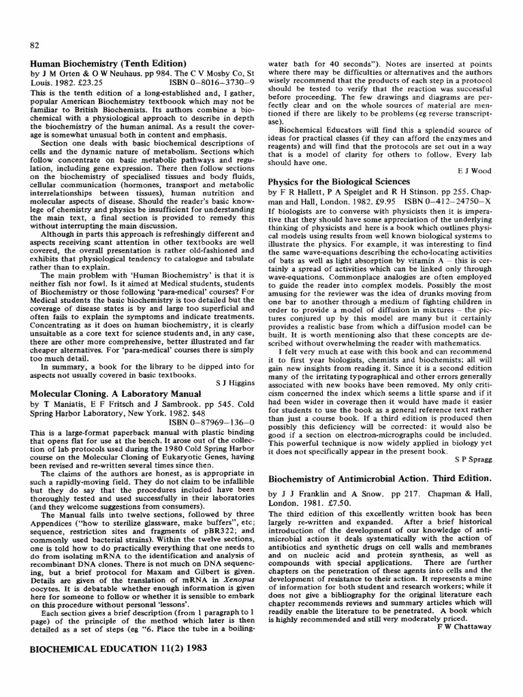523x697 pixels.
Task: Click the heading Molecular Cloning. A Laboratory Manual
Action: pos(116,394)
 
